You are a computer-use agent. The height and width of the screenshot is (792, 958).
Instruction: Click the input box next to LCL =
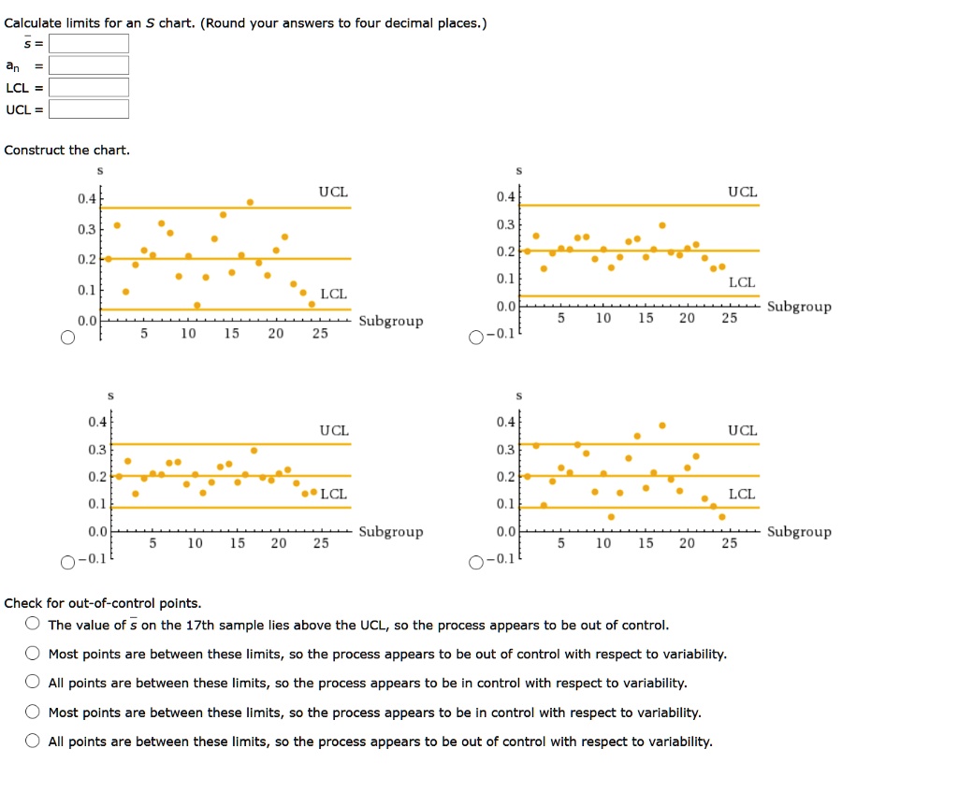point(89,87)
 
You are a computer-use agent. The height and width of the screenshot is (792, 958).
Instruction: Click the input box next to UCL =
point(89,108)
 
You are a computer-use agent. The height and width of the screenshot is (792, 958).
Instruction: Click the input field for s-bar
point(89,44)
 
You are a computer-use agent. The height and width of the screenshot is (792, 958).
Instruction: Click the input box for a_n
point(89,65)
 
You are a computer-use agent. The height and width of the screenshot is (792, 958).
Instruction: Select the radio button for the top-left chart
point(67,338)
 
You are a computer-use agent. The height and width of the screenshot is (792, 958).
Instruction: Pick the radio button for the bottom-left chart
point(67,562)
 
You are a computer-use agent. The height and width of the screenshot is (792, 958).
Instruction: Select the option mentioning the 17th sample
point(33,625)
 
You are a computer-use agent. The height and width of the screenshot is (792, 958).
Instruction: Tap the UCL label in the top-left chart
point(333,192)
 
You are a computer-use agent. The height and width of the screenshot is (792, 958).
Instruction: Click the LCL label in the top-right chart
point(742,281)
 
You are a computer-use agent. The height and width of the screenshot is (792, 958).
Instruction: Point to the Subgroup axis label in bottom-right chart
point(798,532)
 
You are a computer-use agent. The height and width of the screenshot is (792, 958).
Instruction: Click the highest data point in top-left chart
point(250,202)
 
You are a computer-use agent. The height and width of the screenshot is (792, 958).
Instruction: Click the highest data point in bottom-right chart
point(662,425)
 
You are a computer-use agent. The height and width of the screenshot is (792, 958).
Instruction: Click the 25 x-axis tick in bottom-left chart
point(321,543)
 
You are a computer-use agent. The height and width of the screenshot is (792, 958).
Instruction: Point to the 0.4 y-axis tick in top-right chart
point(504,196)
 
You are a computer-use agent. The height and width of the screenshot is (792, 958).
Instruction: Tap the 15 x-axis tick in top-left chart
point(232,334)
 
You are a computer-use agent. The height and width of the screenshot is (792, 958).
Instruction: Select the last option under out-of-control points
point(33,742)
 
